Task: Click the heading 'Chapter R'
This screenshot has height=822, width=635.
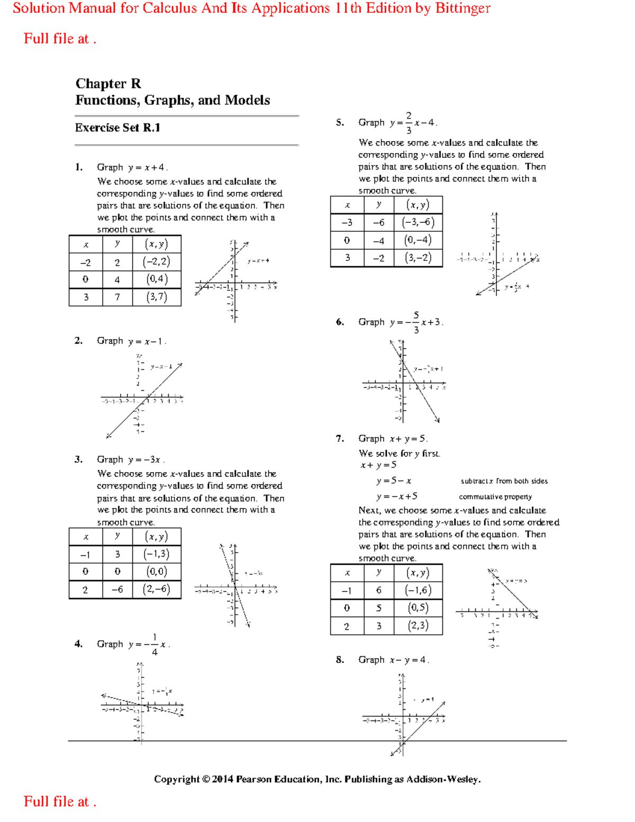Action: (x=108, y=84)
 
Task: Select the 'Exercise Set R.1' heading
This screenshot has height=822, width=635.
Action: (x=117, y=128)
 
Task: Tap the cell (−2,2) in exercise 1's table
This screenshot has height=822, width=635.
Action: (x=157, y=261)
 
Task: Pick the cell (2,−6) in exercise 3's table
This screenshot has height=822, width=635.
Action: (x=157, y=589)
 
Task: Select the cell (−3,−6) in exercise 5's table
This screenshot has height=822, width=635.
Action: (x=418, y=222)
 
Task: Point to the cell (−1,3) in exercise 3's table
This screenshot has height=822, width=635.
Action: (x=157, y=554)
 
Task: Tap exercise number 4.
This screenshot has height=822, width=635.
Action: (x=78, y=644)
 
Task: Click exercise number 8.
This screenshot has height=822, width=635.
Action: (x=340, y=660)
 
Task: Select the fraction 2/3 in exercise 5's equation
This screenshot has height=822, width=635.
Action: (x=409, y=123)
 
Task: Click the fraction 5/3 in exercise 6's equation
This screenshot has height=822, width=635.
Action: (x=416, y=322)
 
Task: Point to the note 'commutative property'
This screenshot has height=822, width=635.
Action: (x=495, y=496)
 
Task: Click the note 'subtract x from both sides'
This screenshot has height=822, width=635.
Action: (x=504, y=481)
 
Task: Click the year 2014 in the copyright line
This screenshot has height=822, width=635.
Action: (x=223, y=779)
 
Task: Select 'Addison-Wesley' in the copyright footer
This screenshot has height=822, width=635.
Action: (x=443, y=779)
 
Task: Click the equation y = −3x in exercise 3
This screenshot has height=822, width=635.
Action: (x=146, y=460)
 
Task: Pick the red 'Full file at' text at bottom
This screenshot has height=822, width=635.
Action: (x=57, y=801)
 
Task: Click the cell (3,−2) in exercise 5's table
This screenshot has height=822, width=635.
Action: (x=418, y=258)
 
